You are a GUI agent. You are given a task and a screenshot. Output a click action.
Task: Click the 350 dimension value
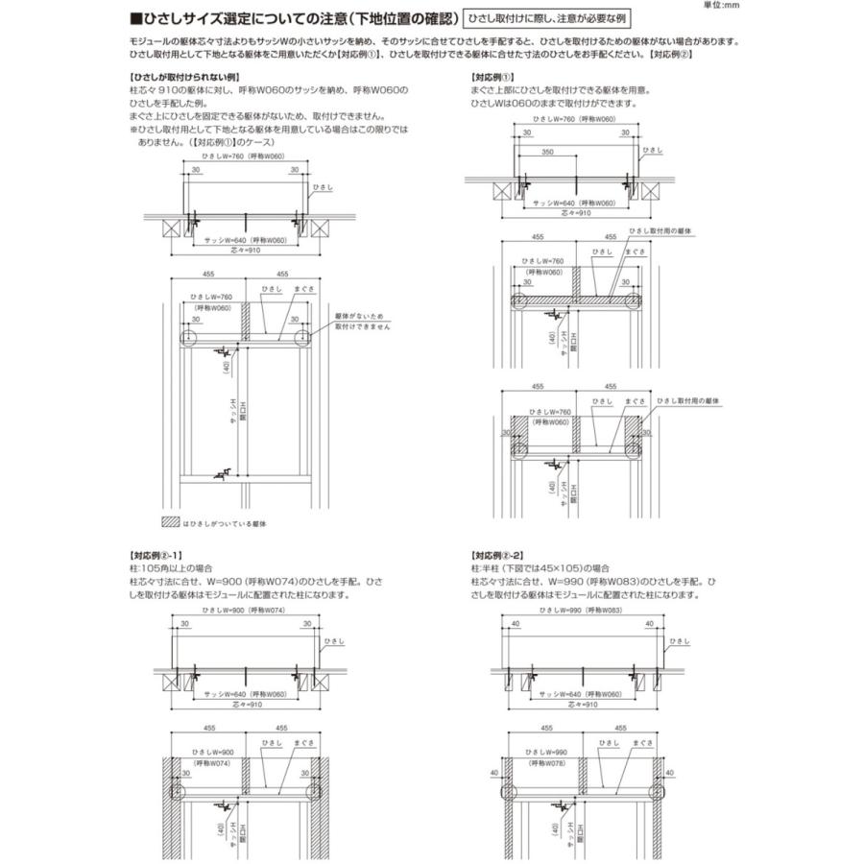(546, 153)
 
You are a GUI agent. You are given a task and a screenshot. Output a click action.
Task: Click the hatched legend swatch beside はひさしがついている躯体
(169, 523)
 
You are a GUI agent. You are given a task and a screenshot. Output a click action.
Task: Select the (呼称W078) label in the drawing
(543, 764)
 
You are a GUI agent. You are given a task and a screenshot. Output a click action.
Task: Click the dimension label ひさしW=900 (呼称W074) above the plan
(245, 610)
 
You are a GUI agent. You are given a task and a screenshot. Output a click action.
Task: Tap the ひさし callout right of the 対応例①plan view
(652, 151)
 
